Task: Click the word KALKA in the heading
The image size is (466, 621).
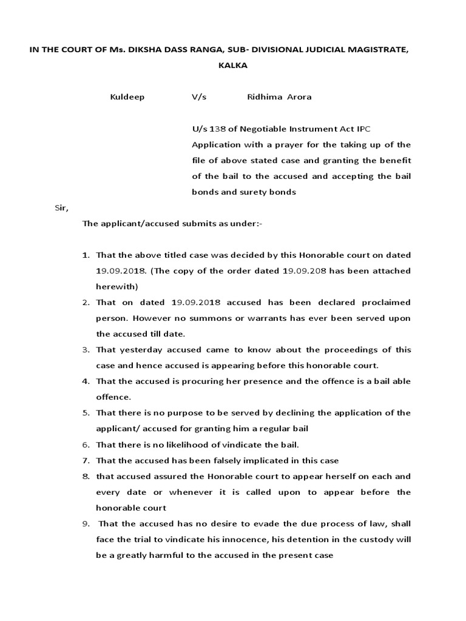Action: point(233,65)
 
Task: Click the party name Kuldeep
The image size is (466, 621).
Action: point(127,97)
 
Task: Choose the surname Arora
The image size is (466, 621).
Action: point(299,97)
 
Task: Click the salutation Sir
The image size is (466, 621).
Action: point(62,208)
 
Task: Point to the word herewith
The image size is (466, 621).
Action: point(116,286)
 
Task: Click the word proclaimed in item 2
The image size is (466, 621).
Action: point(386,302)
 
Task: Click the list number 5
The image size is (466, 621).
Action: point(86,412)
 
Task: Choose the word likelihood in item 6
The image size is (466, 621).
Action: point(181,445)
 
